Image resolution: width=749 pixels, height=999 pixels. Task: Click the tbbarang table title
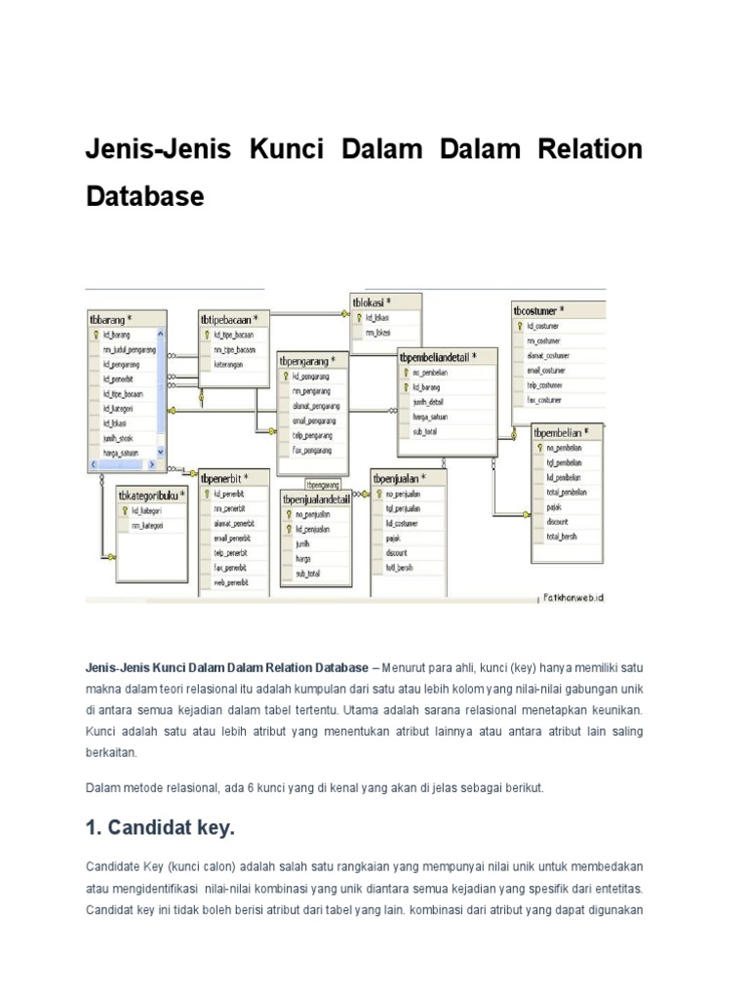coord(110,318)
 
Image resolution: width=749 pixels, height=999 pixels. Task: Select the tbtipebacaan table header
coord(229,319)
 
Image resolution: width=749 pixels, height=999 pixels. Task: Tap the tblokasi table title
coord(373,302)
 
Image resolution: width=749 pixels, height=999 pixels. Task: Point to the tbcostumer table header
coord(540,311)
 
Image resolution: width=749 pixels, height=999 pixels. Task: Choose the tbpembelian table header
coord(566,432)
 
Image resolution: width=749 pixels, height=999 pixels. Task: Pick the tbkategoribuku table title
coord(151,496)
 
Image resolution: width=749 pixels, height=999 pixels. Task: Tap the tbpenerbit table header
coord(224,479)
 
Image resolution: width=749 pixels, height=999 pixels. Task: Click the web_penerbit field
coord(232,580)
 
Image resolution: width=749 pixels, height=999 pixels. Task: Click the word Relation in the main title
coord(588,150)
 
